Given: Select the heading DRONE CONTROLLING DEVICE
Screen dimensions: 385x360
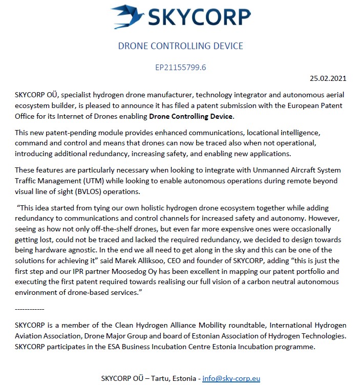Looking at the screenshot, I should [x=180, y=46].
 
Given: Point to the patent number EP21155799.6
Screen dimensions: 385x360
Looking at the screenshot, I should [x=180, y=67].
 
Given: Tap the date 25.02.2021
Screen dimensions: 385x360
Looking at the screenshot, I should [x=328, y=78].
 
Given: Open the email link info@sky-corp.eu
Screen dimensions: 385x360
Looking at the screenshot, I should [x=231, y=379].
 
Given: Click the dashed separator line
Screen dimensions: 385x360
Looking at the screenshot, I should [x=30, y=309].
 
